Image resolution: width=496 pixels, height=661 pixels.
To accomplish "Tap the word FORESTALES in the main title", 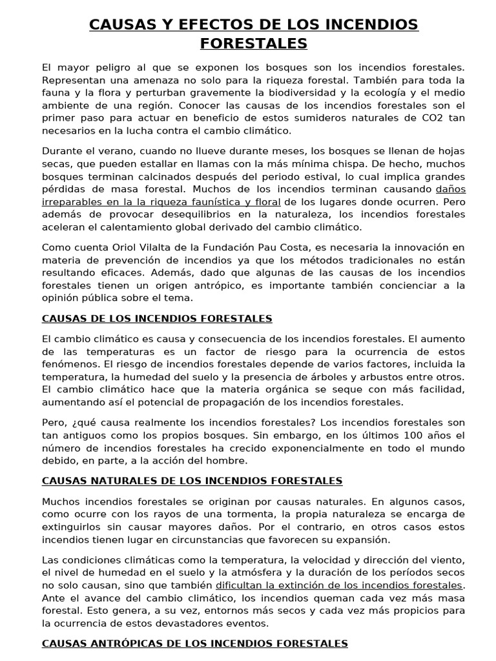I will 254,44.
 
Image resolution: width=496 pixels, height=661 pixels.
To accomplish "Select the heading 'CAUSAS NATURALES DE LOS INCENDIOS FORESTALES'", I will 192,481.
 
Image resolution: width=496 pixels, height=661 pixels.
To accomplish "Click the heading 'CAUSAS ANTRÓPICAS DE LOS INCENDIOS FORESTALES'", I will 194,643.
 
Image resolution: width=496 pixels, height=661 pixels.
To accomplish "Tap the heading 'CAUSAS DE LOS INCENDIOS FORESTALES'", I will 157,318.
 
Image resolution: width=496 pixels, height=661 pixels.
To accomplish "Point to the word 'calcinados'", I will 176,176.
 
